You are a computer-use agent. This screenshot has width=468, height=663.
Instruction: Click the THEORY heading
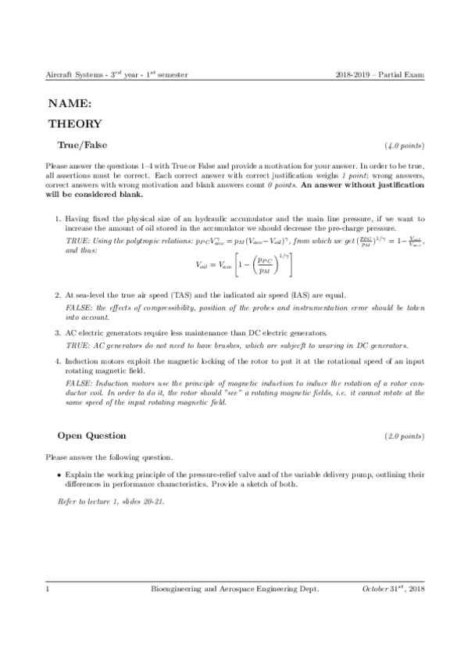pos(75,124)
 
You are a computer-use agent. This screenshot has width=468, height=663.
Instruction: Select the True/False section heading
pos(83,145)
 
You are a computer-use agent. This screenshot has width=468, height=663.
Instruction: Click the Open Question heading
pos(92,435)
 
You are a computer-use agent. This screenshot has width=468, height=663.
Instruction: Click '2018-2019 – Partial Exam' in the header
pos(378,75)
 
